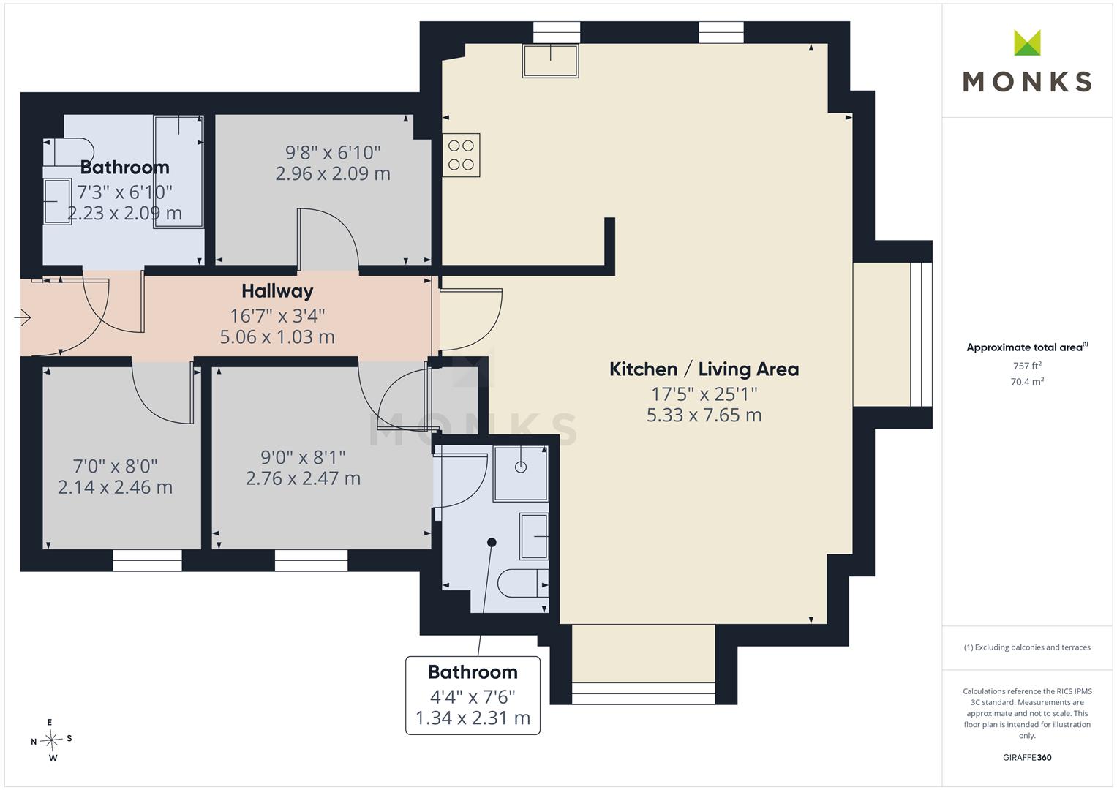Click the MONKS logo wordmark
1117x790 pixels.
(x=1027, y=82)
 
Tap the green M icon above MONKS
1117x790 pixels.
(x=1027, y=42)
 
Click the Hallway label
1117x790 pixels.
(x=277, y=291)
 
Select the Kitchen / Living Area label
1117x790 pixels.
(x=704, y=369)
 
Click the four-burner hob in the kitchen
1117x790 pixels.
(x=462, y=155)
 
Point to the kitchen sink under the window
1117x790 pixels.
(x=551, y=61)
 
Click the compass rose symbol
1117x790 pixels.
(x=51, y=740)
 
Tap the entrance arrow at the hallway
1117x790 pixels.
(x=23, y=317)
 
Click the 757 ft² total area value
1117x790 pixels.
(x=1027, y=366)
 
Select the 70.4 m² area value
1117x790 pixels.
(x=1027, y=382)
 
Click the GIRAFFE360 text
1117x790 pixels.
(x=1027, y=757)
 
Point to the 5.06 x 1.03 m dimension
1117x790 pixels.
(x=277, y=337)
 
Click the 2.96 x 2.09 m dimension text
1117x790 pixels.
(x=333, y=173)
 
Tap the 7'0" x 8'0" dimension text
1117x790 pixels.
(x=115, y=467)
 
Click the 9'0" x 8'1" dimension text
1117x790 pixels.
(x=303, y=457)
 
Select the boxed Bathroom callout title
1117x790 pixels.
(x=473, y=672)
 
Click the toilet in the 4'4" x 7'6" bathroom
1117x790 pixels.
(x=523, y=582)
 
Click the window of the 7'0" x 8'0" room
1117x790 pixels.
(x=147, y=560)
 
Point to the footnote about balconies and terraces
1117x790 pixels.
(x=1027, y=647)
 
